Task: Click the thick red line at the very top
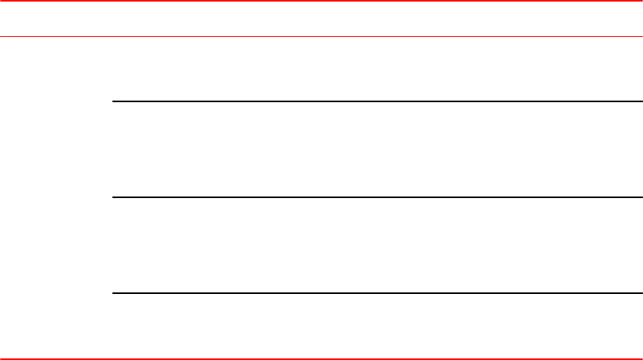(321, 1)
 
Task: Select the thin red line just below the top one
(321, 36)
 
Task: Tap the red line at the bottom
(321, 358)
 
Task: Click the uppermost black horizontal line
(377, 101)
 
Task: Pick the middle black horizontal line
(377, 197)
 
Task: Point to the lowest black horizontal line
(377, 293)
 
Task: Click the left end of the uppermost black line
(114, 101)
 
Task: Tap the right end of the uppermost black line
(641, 101)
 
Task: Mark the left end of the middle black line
(114, 197)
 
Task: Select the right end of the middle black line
(641, 197)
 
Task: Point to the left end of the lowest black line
(114, 293)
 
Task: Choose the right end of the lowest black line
(641, 293)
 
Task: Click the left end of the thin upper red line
(2, 36)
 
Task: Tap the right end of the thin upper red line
(641, 36)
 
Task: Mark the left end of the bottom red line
(2, 358)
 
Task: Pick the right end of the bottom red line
(641, 358)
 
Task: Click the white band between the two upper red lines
(321, 19)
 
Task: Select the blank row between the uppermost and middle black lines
(377, 149)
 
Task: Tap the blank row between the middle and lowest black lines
(377, 245)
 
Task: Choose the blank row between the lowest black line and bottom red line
(377, 325)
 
